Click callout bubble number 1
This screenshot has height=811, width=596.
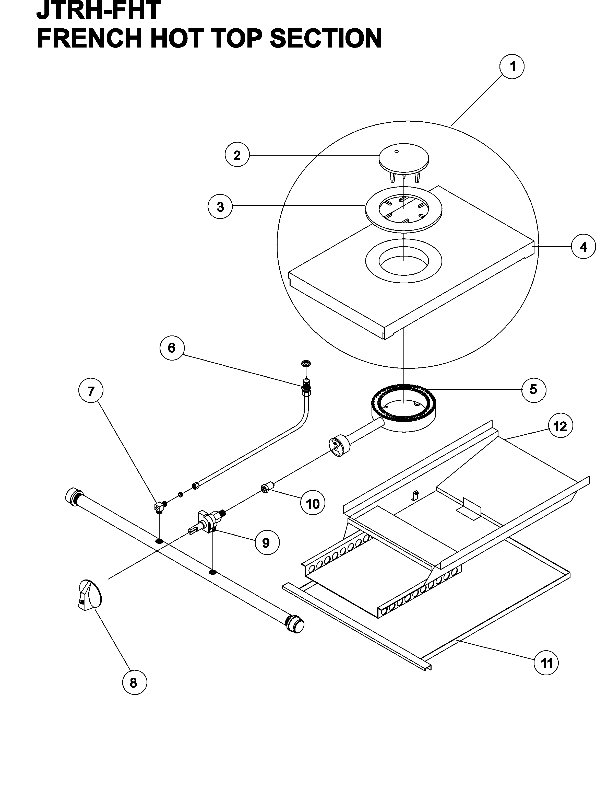pos(511,67)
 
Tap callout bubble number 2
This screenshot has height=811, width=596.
pos(237,155)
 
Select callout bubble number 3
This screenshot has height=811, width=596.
pos(220,207)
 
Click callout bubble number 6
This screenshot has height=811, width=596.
pos(172,348)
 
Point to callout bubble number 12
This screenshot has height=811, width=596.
pos(560,427)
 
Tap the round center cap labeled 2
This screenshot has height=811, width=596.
pos(403,160)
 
